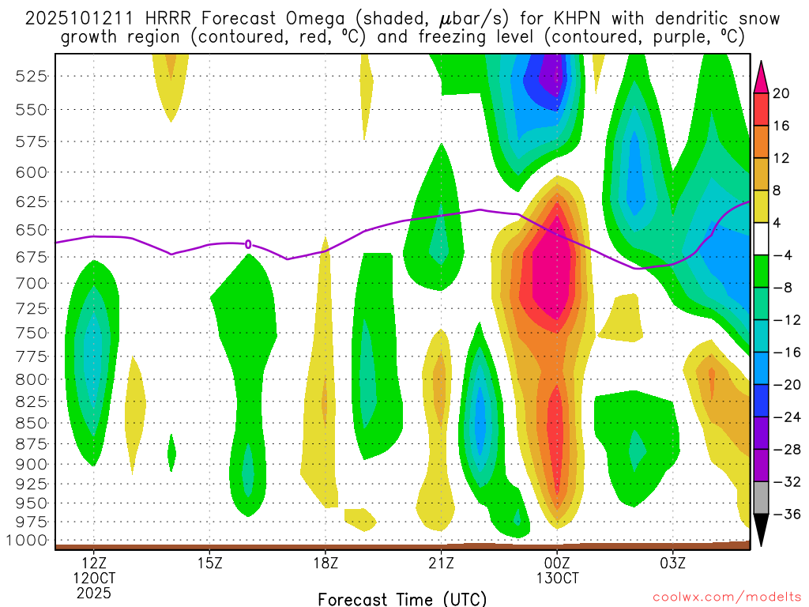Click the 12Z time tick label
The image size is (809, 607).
coord(94,564)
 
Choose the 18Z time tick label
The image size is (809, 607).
coord(325,564)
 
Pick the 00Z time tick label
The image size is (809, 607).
coord(557,564)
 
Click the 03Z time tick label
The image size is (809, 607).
coord(673,564)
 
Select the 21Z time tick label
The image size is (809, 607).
coord(441,564)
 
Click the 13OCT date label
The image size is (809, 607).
coord(557,578)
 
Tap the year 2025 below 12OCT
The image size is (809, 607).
coord(94,592)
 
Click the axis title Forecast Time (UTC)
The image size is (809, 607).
coord(402,598)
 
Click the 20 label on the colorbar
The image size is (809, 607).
coord(781,93)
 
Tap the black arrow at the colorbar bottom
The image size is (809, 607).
coord(762,531)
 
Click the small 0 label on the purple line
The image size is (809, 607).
coord(248,244)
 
